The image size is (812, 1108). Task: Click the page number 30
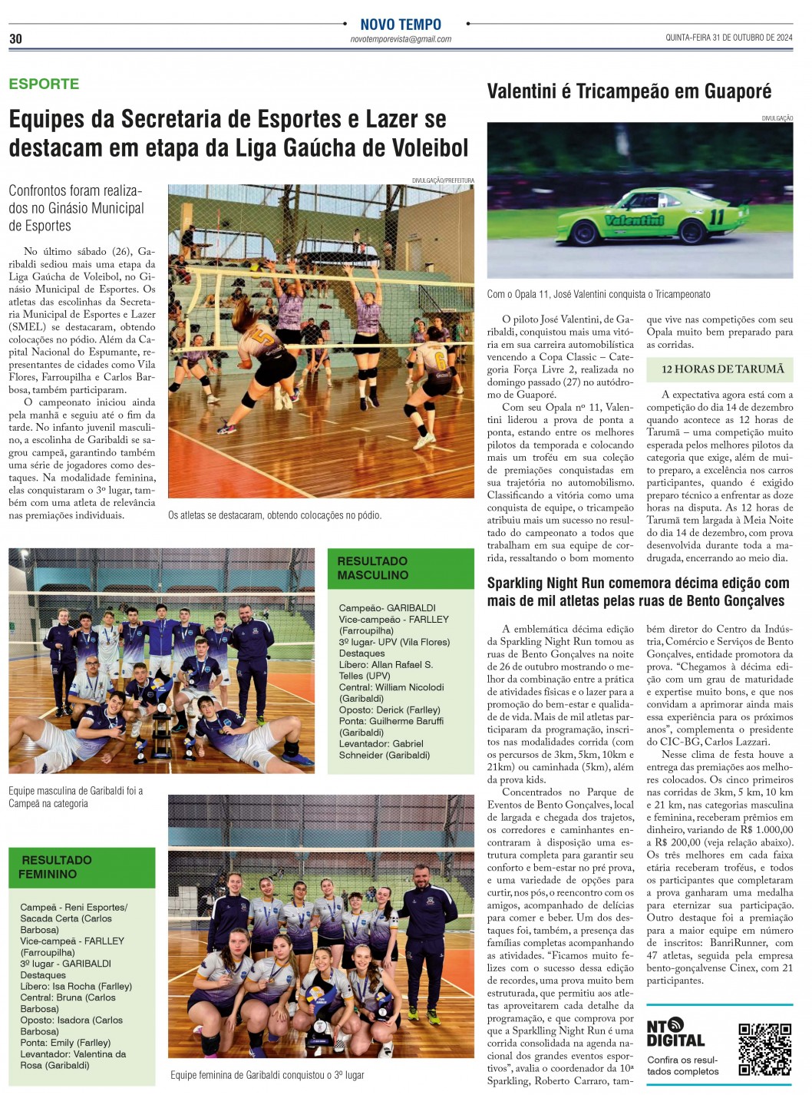[x=15, y=39]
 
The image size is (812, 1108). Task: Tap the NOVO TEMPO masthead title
[x=401, y=25]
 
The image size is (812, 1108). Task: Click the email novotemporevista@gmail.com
[x=401, y=39]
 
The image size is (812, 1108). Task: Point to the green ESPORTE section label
[x=44, y=84]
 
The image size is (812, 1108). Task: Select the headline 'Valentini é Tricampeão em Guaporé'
[x=629, y=91]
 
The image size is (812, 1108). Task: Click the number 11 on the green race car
[x=716, y=217]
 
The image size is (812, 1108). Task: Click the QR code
[x=764, y=1049]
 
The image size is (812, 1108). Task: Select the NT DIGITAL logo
[x=675, y=1033]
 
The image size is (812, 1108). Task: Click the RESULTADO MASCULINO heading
[x=373, y=568]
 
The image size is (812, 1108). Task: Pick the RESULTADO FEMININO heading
[x=56, y=867]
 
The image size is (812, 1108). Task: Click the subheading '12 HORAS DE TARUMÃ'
[x=722, y=369]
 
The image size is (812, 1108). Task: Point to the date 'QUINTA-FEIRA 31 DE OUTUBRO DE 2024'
[x=728, y=38]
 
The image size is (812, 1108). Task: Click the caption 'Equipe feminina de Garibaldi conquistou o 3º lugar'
[x=267, y=1075]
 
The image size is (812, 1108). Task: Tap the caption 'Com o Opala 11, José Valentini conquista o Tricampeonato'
[x=599, y=294]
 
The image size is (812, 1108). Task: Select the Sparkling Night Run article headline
[x=638, y=592]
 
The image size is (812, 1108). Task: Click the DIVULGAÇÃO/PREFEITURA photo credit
[x=443, y=180]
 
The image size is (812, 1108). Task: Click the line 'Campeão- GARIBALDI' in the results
[x=387, y=607]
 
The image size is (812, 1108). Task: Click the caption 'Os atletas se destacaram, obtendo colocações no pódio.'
[x=275, y=515]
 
